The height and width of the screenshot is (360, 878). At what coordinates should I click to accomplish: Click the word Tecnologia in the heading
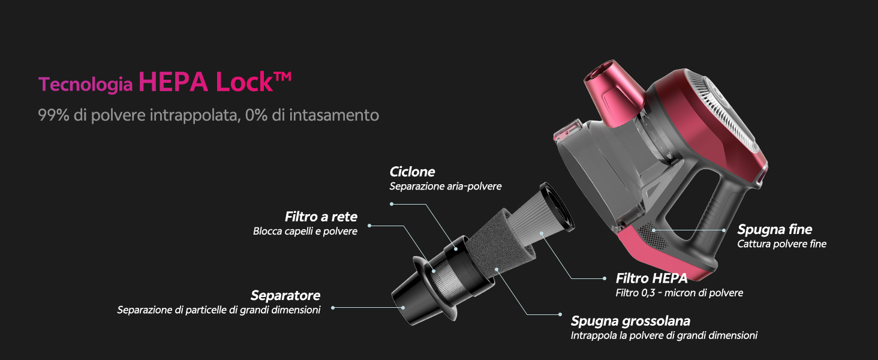tap(85, 85)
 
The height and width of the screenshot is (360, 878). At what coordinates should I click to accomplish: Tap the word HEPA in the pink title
tap(173, 82)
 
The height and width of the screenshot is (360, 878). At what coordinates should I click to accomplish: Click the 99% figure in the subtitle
tap(53, 115)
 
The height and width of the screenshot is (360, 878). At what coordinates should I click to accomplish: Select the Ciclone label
tap(412, 172)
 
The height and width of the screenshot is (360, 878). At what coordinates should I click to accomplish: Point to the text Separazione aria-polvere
tap(445, 186)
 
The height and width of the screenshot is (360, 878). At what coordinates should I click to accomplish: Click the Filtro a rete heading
tap(321, 217)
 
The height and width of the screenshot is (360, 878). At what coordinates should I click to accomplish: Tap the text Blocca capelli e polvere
tap(305, 231)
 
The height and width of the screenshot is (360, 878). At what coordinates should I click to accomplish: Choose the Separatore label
tap(285, 295)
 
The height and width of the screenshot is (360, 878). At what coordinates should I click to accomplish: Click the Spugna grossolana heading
tap(630, 321)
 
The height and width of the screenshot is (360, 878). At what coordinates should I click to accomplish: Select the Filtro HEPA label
tap(651, 278)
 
